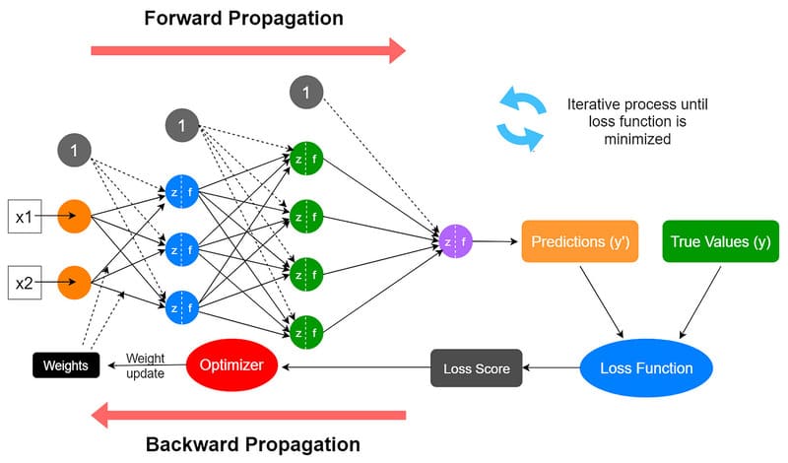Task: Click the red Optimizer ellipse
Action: point(231,364)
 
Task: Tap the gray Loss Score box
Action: point(476,368)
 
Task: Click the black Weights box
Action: point(65,365)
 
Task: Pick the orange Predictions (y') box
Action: point(580,241)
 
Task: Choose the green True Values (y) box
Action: point(720,241)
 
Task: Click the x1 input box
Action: point(24,214)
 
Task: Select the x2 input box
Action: point(24,284)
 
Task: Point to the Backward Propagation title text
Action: point(252,443)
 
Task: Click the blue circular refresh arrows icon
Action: point(519,118)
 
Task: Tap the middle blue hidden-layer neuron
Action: point(183,249)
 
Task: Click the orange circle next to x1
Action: point(75,214)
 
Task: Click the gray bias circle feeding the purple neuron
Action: point(306,94)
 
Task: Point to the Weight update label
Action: point(145,365)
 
